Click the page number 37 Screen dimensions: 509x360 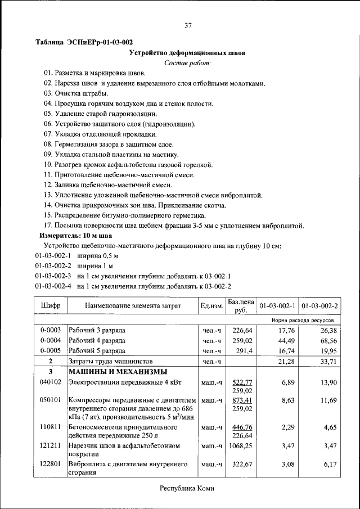(188, 25)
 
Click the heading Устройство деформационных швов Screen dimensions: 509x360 (187, 53)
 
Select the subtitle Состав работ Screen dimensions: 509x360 (187, 63)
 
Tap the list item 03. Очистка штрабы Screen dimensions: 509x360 (76, 93)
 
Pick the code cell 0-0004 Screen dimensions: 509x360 (51, 340)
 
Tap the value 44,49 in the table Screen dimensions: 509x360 (286, 340)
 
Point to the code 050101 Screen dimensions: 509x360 (51, 400)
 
